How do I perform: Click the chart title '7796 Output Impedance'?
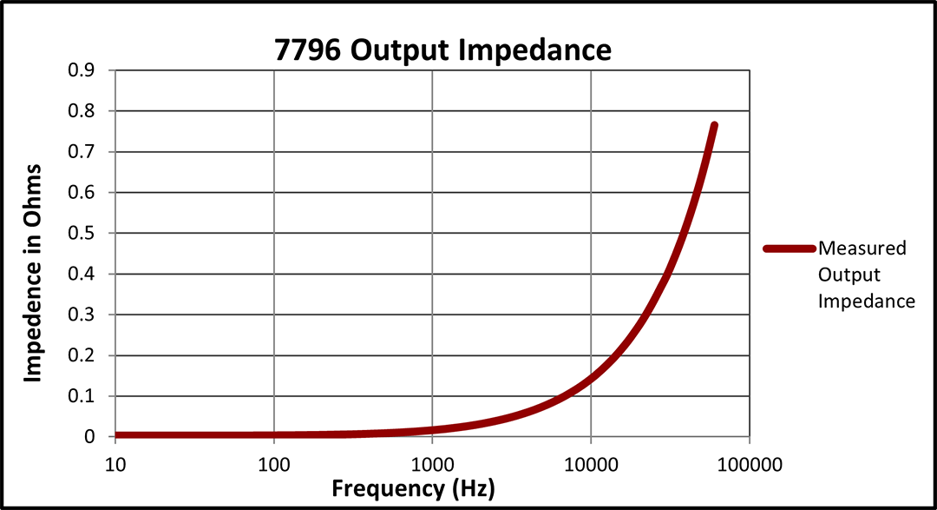442,50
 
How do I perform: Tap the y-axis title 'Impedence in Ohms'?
33,272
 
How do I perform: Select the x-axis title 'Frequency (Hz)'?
413,488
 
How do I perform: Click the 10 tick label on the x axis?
115,462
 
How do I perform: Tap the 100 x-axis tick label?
274,462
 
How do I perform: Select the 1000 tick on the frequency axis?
432,462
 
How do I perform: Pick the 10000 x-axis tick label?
591,462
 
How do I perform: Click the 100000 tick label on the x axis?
750,462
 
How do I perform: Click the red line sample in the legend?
789,248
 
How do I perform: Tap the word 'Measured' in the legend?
862,248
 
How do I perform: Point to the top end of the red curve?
714,126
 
